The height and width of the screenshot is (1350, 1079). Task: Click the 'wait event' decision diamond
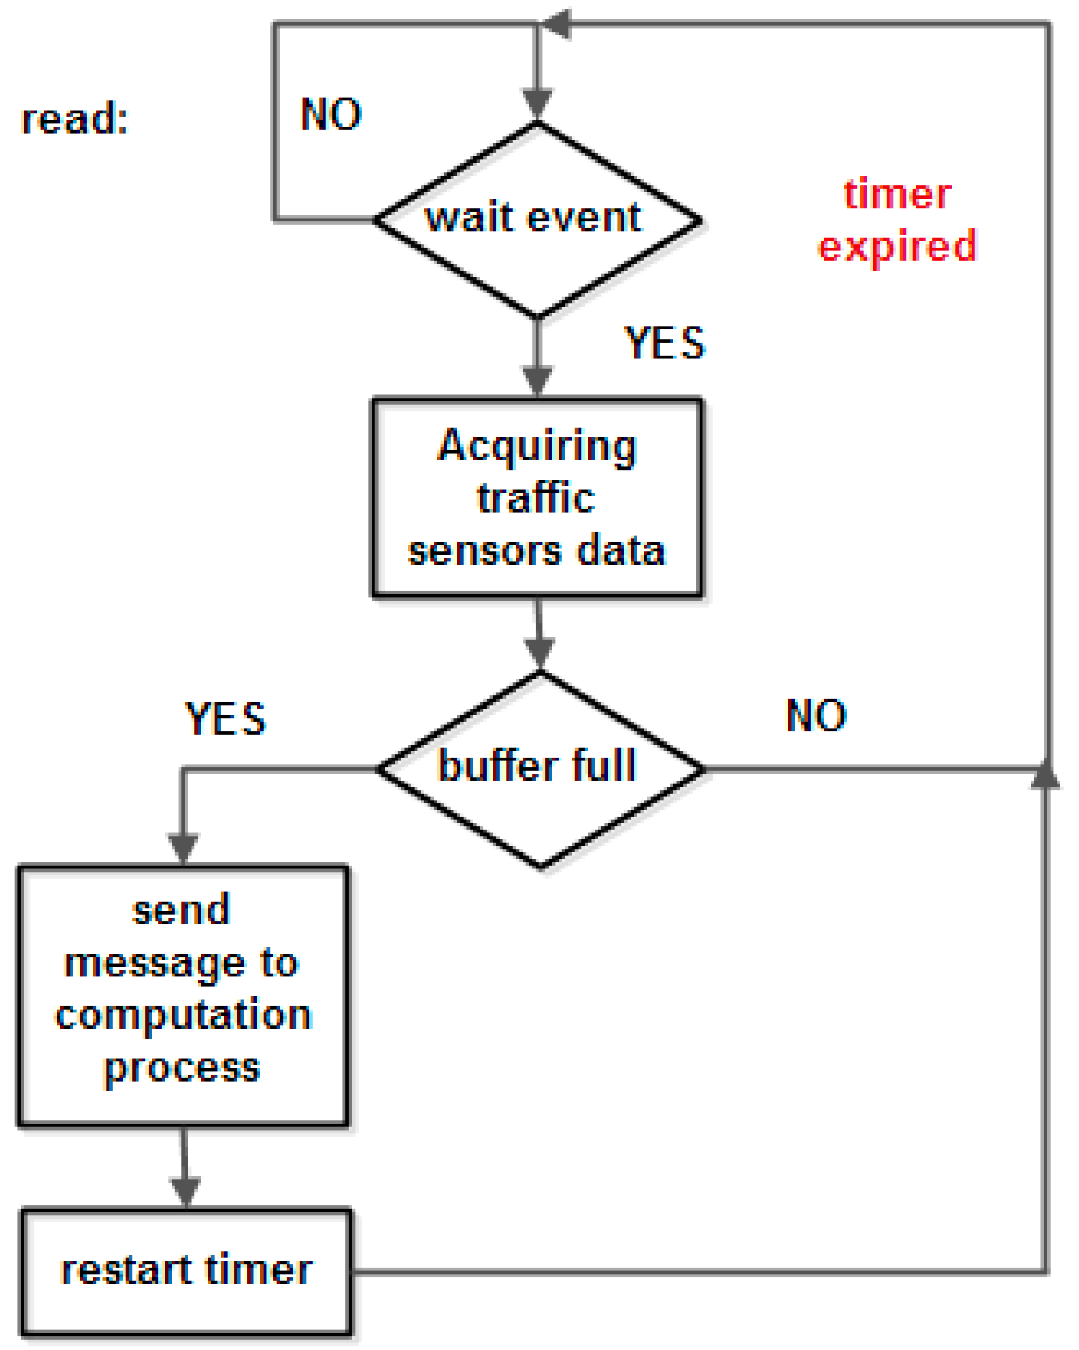coord(537,219)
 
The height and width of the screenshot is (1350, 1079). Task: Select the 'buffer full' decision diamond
coord(540,768)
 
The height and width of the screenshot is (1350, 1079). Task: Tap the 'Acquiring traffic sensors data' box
coord(537,497)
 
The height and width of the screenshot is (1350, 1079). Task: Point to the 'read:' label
coord(75,118)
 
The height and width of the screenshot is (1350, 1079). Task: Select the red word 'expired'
coord(897,246)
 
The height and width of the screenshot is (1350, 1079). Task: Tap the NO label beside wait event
coord(331,114)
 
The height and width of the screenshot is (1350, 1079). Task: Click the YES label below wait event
coord(664,343)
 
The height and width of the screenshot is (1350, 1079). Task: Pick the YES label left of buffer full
coord(225,718)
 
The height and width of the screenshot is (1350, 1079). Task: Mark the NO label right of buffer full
coord(816,715)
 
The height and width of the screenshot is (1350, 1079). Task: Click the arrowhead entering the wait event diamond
coord(537,104)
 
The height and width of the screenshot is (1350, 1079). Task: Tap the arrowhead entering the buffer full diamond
coord(539,653)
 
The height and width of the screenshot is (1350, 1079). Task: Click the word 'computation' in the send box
coord(183,1016)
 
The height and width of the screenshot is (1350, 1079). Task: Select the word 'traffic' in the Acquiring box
coord(536,498)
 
